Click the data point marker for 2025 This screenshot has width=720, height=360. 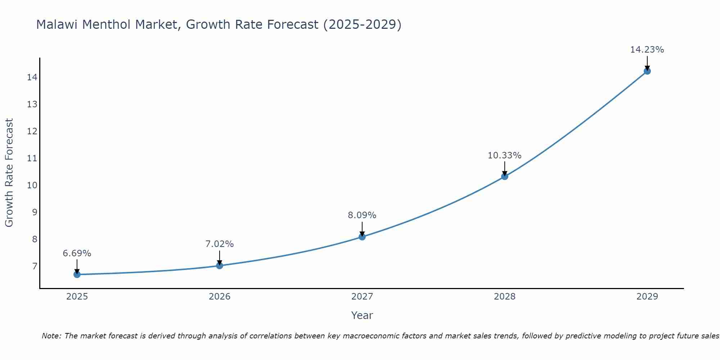coord(77,275)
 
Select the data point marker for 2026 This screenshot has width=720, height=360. coord(220,266)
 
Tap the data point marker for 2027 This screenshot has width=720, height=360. coord(362,237)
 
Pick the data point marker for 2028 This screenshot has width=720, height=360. coord(505,176)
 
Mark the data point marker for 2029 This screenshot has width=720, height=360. coord(647,71)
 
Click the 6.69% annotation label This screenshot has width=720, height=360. coord(77,253)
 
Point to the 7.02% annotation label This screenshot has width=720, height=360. coord(220,244)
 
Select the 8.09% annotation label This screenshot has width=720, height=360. coord(362,215)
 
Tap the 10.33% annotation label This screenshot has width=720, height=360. coord(505,156)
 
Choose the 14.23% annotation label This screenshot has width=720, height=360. coord(647,50)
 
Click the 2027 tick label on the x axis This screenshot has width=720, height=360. coord(362,297)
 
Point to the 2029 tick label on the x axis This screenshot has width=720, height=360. coord(647,297)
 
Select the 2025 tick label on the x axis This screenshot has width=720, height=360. coord(77,297)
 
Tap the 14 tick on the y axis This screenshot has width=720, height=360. coord(32,77)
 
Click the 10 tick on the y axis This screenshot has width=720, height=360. coord(32,185)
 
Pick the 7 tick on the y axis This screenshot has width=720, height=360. coord(35,266)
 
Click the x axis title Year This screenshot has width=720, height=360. coord(362,315)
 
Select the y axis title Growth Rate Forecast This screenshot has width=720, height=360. coord(9,173)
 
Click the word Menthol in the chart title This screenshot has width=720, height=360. coord(108,24)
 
